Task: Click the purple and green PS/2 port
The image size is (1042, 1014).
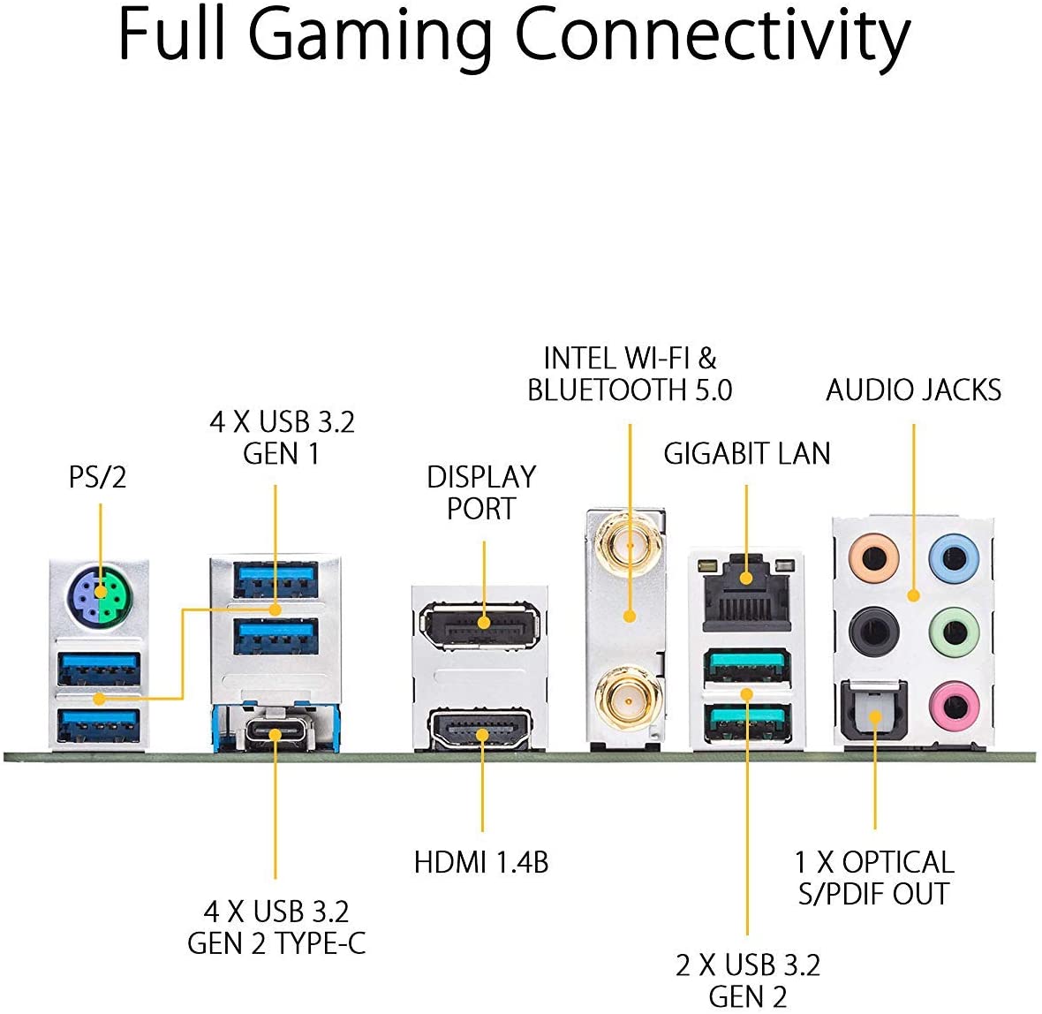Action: (x=98, y=597)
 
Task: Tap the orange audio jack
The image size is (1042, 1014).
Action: (x=874, y=557)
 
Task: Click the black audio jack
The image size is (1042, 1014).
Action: (x=874, y=631)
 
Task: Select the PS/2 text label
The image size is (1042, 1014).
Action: (x=97, y=477)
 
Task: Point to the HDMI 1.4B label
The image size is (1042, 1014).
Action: (x=481, y=862)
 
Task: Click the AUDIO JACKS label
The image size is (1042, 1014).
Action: (x=913, y=390)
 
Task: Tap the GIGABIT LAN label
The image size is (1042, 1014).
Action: (x=747, y=454)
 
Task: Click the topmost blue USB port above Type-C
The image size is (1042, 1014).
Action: (x=276, y=579)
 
